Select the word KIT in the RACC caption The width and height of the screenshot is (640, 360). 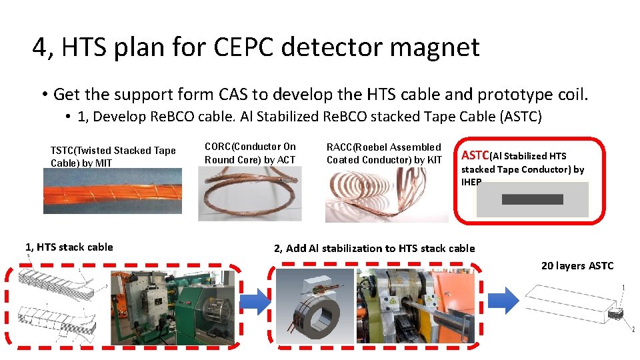pos(434,160)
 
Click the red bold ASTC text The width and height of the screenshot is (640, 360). pos(475,155)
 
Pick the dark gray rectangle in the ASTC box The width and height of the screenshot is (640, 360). pos(532,199)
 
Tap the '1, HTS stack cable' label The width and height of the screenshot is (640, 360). pos(69,247)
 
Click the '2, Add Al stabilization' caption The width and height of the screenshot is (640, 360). pos(375,249)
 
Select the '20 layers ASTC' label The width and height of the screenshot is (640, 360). pos(577,266)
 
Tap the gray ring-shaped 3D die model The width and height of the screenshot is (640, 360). pos(314,306)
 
